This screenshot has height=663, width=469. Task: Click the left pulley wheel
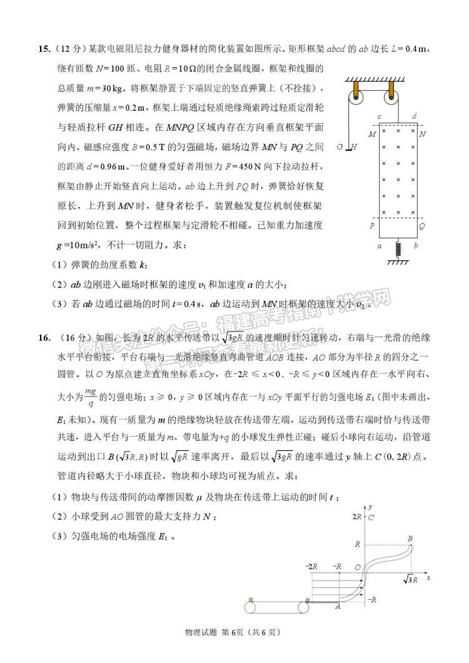356,96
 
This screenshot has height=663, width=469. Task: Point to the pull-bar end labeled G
338,147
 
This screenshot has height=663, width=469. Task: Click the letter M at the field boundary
371,134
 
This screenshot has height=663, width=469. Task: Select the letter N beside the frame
422,134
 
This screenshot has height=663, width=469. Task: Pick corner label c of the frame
380,117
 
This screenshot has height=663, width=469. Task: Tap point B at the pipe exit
410,538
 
